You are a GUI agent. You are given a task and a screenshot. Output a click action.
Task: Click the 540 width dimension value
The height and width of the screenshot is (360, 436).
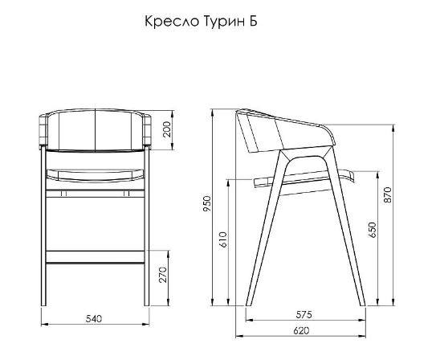pos(93,319)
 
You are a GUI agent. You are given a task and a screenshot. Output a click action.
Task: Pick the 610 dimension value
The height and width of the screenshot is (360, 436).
pos(223,239)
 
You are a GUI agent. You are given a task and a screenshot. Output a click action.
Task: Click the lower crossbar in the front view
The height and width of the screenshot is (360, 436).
pos(95,256)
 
